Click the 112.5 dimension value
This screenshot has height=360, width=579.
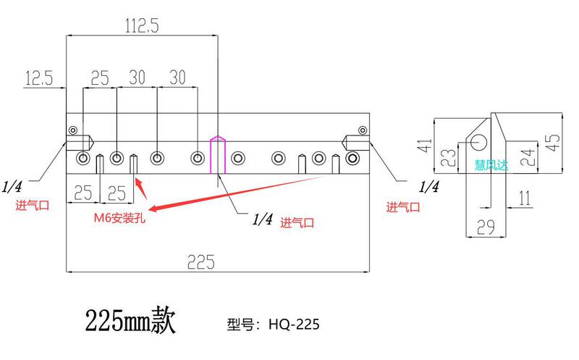point(141,26)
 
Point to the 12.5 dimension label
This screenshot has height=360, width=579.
point(38,78)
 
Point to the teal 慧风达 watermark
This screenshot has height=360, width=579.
point(491,165)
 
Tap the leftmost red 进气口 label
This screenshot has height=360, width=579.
point(33,205)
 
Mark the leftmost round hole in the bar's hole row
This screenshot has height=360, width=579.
point(83,158)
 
